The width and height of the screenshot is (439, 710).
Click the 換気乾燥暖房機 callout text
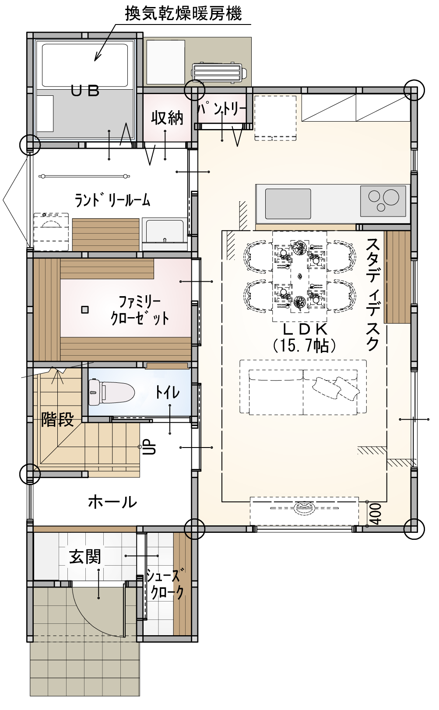point(183,14)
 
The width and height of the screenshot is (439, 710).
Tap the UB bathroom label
point(85,91)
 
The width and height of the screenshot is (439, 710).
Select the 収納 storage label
point(167,118)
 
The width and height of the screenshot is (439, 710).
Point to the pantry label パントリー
point(222,109)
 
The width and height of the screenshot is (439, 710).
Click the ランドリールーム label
point(112,200)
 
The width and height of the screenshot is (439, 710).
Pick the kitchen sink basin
point(288,203)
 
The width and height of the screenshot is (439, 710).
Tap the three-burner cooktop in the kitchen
point(383,201)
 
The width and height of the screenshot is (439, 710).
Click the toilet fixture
point(112,392)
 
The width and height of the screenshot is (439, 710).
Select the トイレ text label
point(167,393)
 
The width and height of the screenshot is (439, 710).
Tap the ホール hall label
point(112,502)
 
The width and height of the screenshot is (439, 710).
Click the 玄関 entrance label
point(85,556)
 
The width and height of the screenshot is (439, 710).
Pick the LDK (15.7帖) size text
point(305,338)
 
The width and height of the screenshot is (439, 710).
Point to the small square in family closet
point(84,310)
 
